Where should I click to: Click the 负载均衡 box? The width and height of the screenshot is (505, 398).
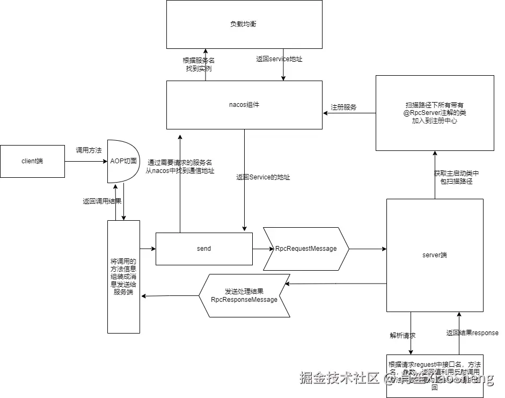coord(244,24)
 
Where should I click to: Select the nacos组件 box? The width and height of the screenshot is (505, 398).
coord(244,105)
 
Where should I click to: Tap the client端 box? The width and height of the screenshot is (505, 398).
coord(32,161)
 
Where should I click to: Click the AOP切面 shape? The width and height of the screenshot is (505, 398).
coord(123,161)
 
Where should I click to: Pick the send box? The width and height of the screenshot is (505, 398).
coord(204,249)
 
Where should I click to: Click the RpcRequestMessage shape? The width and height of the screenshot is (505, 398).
coord(306,249)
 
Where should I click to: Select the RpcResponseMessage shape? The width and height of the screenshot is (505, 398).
coord(244,295)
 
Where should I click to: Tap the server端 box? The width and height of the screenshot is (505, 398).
coord(435,255)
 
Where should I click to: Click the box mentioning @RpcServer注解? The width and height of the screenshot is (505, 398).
coord(435,113)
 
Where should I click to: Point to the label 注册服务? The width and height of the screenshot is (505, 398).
coord(344,107)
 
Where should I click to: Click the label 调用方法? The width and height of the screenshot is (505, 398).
coord(89,150)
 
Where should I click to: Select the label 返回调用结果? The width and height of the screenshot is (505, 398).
coord(102,201)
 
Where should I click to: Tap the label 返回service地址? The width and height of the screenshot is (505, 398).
coord(279,59)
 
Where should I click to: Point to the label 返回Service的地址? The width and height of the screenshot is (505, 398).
coord(263,177)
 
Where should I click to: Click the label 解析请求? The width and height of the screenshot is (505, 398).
coord(402,335)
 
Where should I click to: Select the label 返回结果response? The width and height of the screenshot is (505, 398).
coord(472,333)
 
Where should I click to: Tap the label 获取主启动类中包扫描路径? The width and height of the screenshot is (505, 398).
coord(456,177)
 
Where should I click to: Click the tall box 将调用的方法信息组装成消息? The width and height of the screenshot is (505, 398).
coord(123,277)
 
